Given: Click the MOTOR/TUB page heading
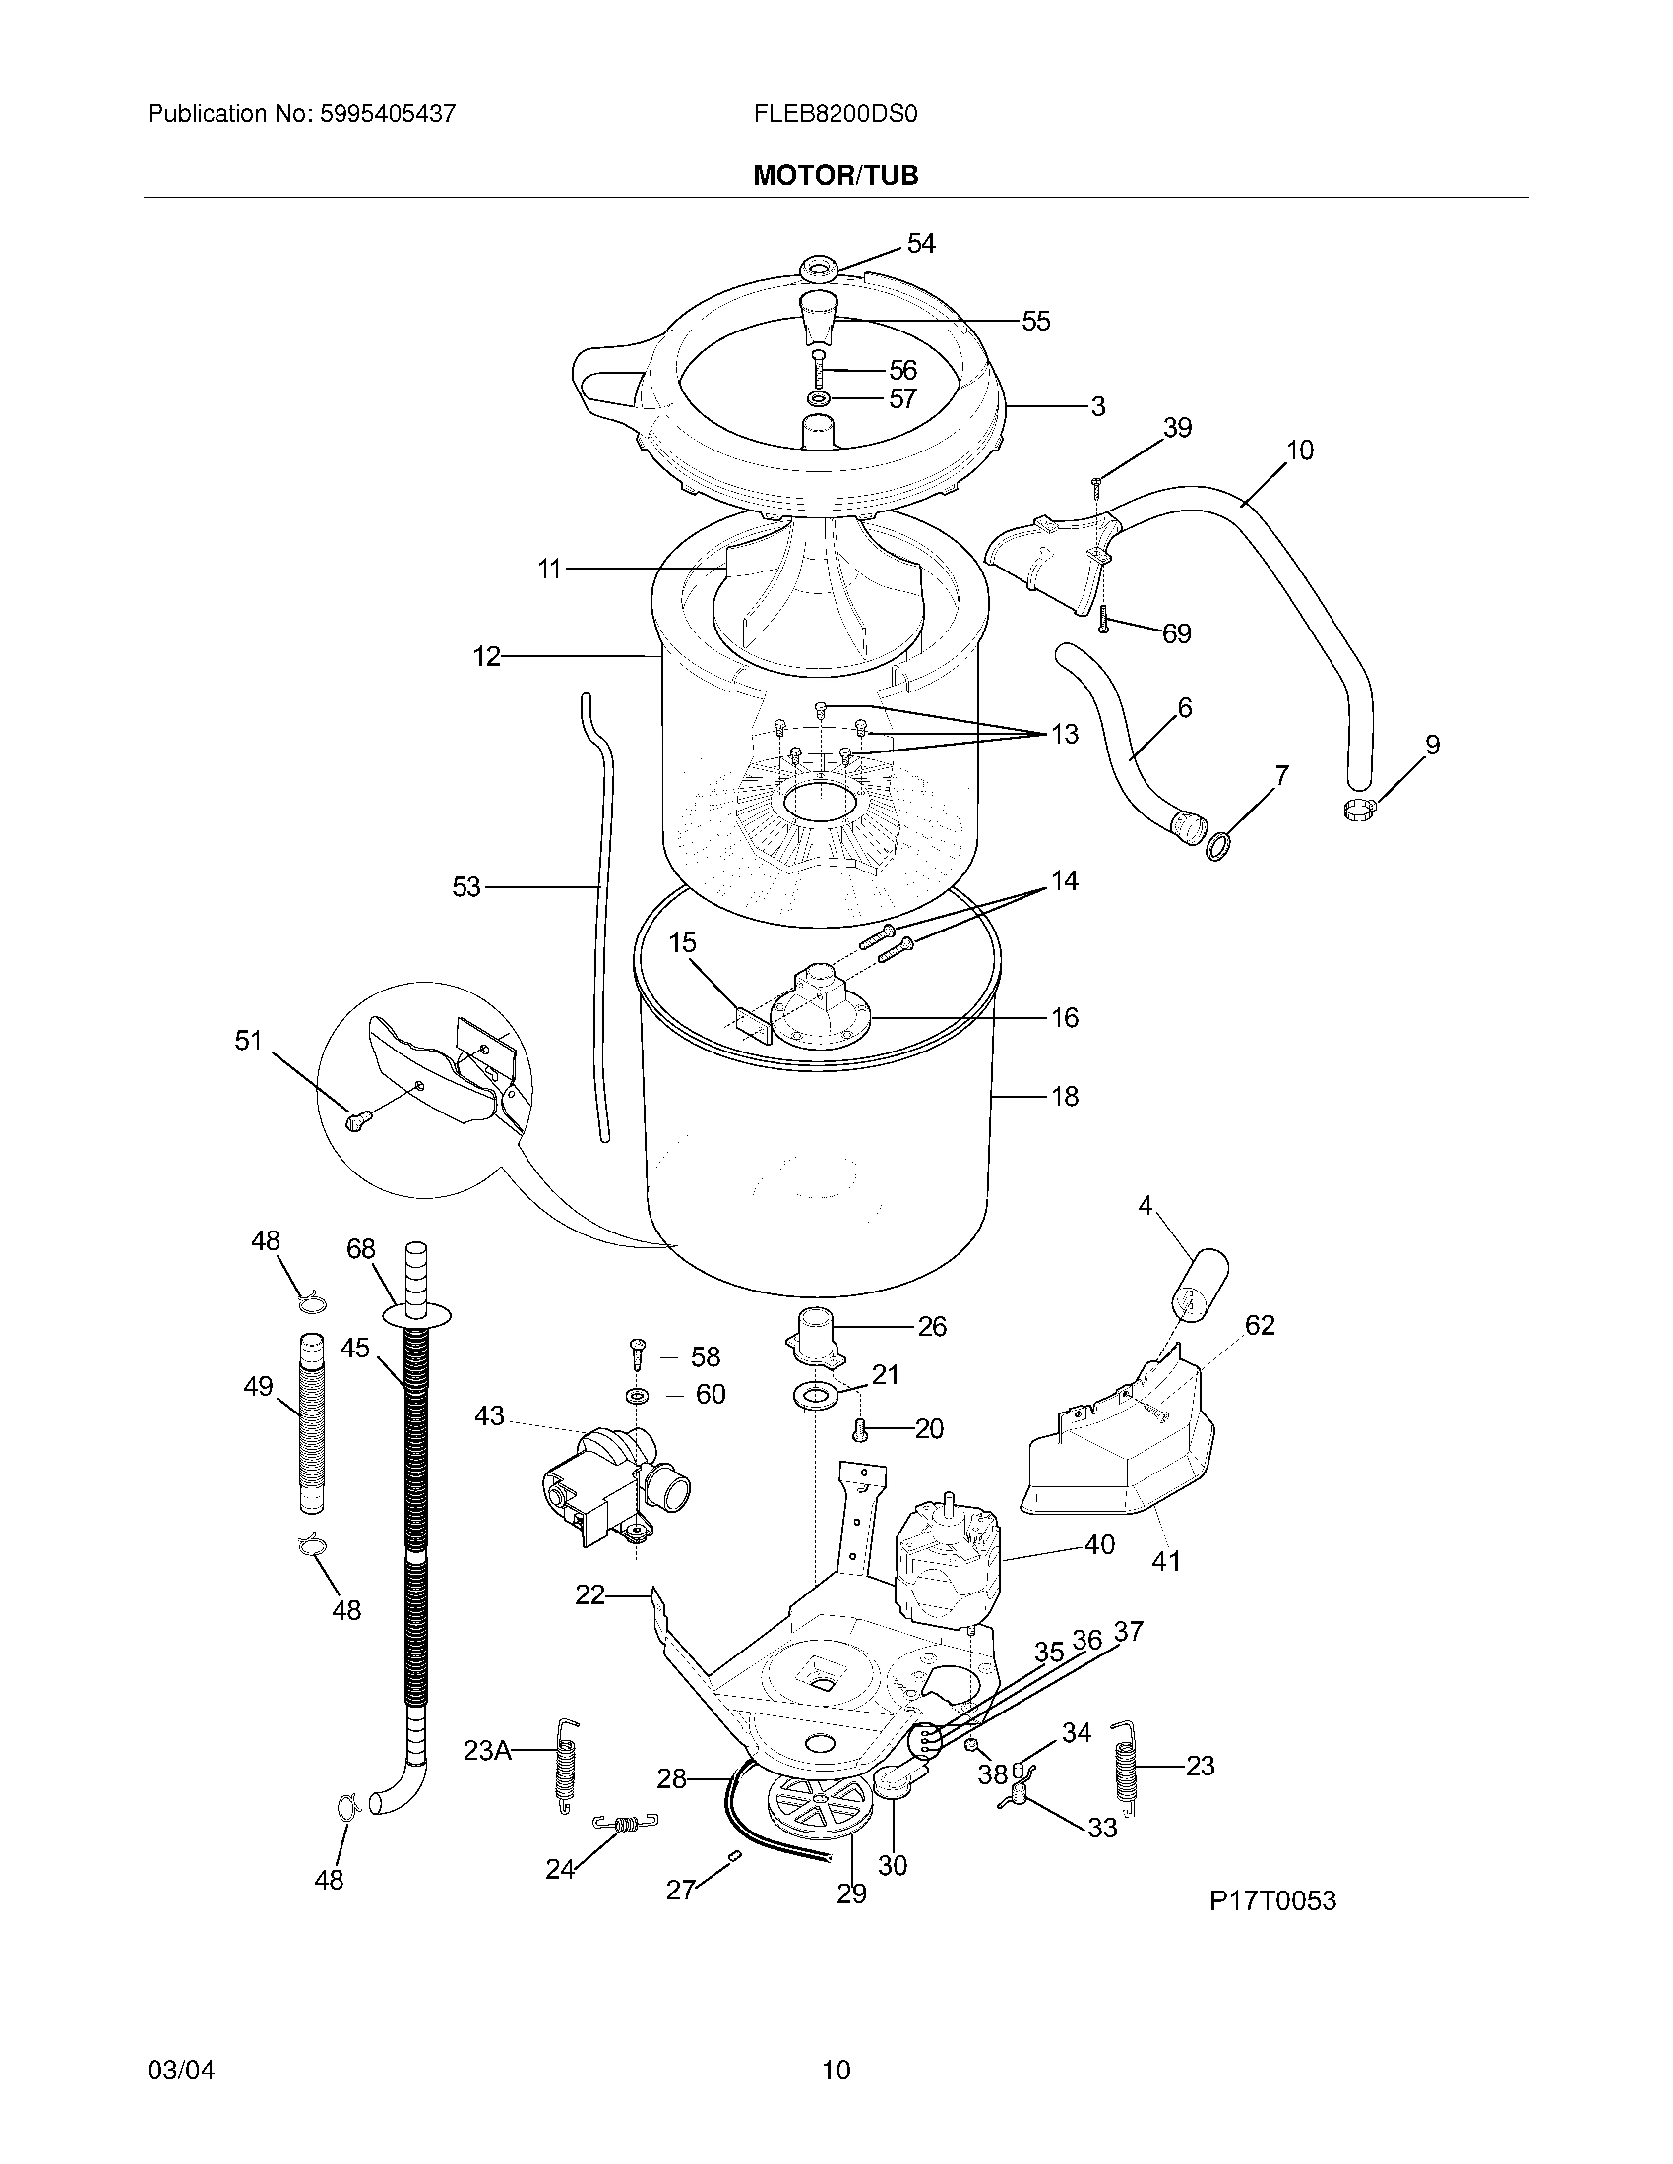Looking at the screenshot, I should (836, 175).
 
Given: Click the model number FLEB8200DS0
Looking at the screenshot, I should (836, 114).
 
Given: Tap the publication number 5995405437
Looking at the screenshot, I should (387, 114).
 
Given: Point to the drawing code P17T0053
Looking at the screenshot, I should (1272, 1900).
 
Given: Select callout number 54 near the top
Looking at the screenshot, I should (921, 244).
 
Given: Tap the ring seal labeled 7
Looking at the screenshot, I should (1218, 847).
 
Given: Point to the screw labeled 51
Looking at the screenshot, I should (356, 1120).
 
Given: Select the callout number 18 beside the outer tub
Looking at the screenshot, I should (1065, 1096).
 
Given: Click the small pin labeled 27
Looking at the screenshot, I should (734, 1854).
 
